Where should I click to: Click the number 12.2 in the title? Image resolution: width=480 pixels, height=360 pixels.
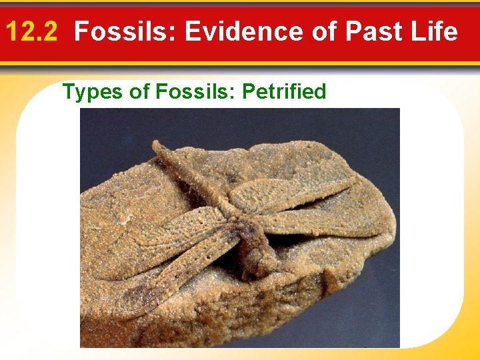pyautogui.click(x=35, y=31)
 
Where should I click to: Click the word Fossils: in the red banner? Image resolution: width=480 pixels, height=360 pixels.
pyautogui.click(x=125, y=31)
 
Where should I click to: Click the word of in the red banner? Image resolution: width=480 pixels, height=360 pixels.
pyautogui.click(x=323, y=31)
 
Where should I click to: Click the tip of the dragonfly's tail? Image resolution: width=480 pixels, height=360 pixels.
pyautogui.click(x=157, y=145)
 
